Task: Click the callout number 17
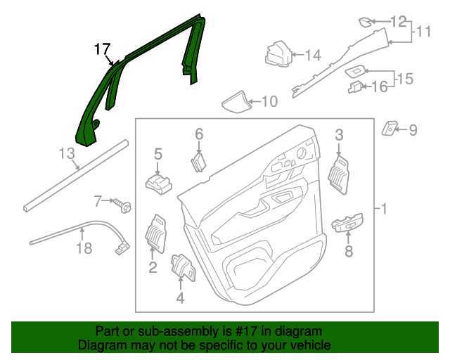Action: click(x=102, y=49)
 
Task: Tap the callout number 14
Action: click(x=313, y=54)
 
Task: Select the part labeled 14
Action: click(x=278, y=54)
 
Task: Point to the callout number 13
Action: click(x=66, y=153)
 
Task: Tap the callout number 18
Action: click(x=84, y=247)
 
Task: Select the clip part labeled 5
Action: click(x=159, y=184)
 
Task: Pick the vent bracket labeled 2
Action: click(x=155, y=232)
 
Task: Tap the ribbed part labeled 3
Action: click(x=340, y=173)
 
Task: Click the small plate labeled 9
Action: click(x=389, y=128)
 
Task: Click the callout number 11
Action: click(x=423, y=32)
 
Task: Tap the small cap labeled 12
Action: click(x=368, y=21)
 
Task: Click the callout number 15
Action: click(x=404, y=78)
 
